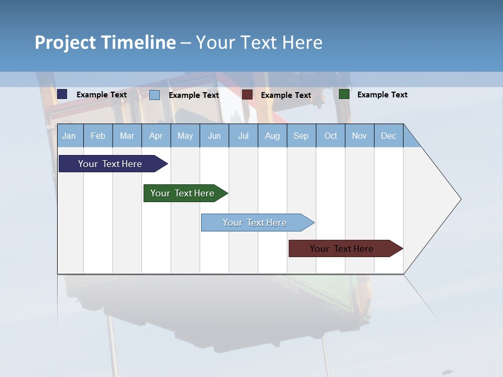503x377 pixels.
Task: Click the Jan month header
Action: [69, 136]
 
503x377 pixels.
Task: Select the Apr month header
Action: [156, 136]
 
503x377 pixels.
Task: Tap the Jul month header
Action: [243, 136]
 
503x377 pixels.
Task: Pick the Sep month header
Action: [301, 136]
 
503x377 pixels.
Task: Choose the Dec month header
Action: [388, 136]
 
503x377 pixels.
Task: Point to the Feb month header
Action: [98, 136]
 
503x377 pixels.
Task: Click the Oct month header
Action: [331, 136]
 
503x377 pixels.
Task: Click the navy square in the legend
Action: [62, 94]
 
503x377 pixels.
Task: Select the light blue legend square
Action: [155, 95]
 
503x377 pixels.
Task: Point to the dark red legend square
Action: [247, 95]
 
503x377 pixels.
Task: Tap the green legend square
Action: [344, 94]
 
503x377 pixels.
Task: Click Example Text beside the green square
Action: [382, 95]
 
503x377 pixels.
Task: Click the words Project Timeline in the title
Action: [105, 42]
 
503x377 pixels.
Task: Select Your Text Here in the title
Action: [259, 42]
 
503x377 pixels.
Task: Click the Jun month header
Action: [214, 136]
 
